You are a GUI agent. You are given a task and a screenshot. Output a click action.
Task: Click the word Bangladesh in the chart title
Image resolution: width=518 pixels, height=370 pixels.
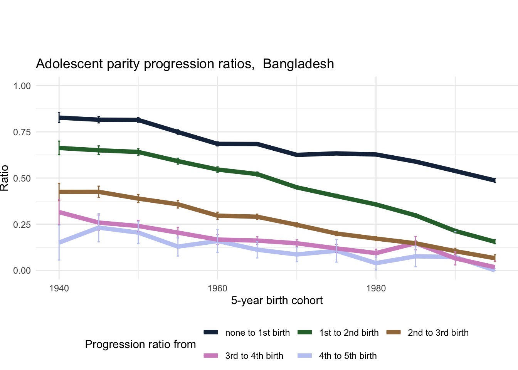(x=298, y=64)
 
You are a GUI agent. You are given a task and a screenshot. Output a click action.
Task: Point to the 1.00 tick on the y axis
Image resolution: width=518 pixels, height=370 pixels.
(x=22, y=86)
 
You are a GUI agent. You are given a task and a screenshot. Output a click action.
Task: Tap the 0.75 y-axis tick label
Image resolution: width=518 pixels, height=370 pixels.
(x=22, y=132)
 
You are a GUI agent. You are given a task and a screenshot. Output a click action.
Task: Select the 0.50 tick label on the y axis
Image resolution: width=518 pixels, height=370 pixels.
(x=22, y=178)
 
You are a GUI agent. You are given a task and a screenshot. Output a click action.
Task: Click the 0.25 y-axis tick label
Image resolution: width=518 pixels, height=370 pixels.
(x=22, y=224)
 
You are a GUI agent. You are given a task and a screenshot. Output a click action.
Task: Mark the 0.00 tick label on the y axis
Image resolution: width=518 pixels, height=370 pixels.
(x=22, y=271)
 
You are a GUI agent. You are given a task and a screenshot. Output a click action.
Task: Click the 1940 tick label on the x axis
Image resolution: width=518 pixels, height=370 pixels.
(x=59, y=289)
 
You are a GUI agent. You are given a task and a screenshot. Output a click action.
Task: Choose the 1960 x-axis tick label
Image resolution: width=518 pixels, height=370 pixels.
(x=217, y=289)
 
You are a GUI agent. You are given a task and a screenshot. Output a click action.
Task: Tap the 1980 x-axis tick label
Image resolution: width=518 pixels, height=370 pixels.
(x=376, y=289)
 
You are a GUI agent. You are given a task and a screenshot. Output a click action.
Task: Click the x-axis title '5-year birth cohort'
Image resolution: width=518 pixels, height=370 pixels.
(x=277, y=301)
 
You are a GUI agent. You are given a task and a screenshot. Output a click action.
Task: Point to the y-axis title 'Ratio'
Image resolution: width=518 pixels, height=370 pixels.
(x=5, y=178)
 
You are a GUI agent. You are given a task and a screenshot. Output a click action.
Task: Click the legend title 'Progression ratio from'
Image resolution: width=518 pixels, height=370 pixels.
(x=140, y=345)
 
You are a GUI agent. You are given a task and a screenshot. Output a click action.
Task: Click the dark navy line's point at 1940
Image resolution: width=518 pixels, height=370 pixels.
(x=59, y=118)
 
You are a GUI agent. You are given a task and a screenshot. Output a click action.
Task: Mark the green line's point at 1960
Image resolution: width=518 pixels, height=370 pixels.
(x=217, y=169)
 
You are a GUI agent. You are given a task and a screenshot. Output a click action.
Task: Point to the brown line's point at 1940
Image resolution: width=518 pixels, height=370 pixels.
(x=59, y=192)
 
